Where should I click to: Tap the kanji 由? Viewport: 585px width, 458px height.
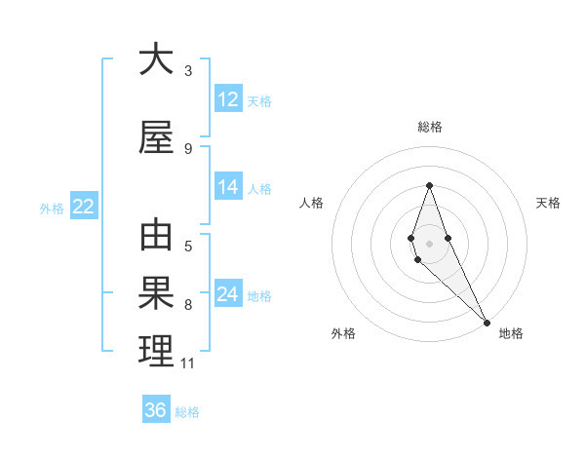156,237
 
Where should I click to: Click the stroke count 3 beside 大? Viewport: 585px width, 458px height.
188,70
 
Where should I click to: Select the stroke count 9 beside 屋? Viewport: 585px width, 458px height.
188,149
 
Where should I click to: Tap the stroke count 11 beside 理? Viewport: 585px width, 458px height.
188,363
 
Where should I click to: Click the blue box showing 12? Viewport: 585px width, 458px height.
228,99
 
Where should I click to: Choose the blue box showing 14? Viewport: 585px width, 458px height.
228,187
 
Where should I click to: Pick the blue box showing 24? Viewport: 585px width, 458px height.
228,294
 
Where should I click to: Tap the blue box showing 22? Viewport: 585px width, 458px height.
84,207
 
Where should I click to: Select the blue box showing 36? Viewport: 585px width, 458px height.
156,410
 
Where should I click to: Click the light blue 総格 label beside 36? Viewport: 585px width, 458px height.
187,412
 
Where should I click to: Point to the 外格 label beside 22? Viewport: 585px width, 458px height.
52,208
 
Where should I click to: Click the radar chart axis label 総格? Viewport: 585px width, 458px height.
430,127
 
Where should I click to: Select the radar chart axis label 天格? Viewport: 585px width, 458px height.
549,203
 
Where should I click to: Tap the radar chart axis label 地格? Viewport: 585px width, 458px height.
511,333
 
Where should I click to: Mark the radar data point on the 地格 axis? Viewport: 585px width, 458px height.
487,322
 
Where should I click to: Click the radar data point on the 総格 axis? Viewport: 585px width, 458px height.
429,185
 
